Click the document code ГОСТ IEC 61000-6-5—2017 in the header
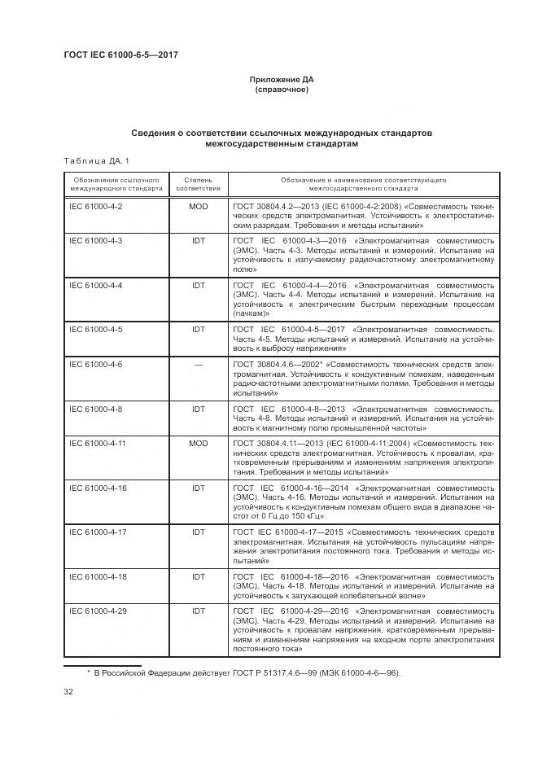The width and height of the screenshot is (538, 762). [x=120, y=55]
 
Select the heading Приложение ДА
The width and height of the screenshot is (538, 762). [x=282, y=80]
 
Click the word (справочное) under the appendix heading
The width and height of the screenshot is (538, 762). [x=282, y=90]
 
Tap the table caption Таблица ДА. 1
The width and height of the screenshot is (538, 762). [x=95, y=160]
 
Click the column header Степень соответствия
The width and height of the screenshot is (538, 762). [x=198, y=183]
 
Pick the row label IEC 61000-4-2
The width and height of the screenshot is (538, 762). [x=96, y=207]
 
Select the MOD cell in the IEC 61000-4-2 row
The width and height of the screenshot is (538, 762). [x=198, y=207]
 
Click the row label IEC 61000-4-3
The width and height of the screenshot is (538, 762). [x=96, y=242]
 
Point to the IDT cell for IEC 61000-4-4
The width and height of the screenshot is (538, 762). [x=198, y=286]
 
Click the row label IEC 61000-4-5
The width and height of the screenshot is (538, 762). [x=96, y=330]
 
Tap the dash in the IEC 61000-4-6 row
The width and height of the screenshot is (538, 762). [x=198, y=364]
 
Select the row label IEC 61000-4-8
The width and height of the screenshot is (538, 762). [x=96, y=408]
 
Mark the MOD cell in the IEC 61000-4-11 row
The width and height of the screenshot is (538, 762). [x=198, y=443]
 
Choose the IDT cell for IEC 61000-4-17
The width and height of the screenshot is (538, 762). [x=198, y=532]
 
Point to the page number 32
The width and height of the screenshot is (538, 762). [x=69, y=692]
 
